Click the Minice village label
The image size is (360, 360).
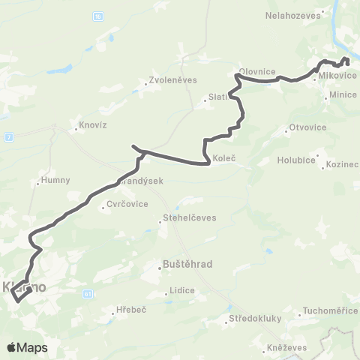click(x=343, y=95)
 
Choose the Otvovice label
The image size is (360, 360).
click(x=307, y=127)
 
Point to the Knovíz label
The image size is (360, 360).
click(x=92, y=125)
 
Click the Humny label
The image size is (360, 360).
click(x=55, y=180)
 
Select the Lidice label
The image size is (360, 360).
click(x=182, y=290)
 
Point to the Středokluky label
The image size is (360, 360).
click(x=255, y=318)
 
